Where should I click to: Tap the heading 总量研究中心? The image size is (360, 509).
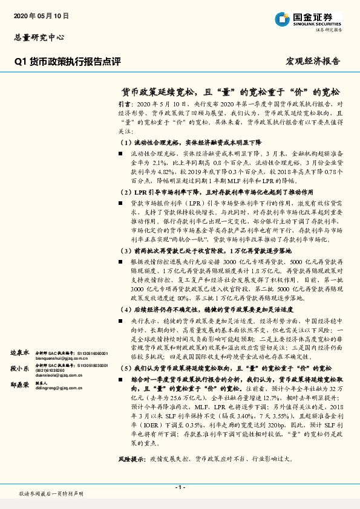pos(39,37)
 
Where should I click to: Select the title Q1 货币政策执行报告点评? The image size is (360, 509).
pos(68,61)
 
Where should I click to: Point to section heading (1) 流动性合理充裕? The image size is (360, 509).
pos(184,142)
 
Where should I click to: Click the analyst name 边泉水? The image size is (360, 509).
pos(19,351)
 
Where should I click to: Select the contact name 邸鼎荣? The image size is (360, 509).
pos(19,384)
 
